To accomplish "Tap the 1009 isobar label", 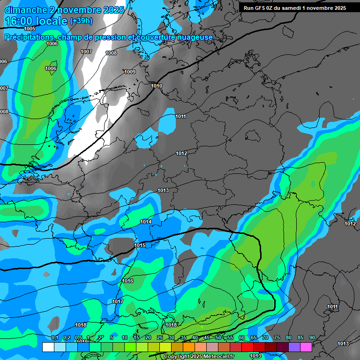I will pyautogui.click(x=130, y=72).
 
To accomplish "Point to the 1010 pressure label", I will pyautogui.click(x=157, y=86).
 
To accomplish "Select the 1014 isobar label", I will pyautogui.click(x=146, y=222).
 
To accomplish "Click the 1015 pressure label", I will pyautogui.click(x=140, y=245).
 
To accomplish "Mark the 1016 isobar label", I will pyautogui.click(x=127, y=281).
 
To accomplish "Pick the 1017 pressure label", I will pyautogui.click(x=118, y=301).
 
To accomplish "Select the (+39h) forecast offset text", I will pyautogui.click(x=81, y=21).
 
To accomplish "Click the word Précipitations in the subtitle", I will pyautogui.click(x=29, y=37).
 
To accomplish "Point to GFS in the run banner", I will pyautogui.click(x=262, y=8).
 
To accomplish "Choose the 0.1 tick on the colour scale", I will pyautogui.click(x=54, y=338).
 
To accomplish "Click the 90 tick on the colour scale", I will pyautogui.click(x=312, y=338).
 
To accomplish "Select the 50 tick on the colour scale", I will pyautogui.click(x=218, y=338).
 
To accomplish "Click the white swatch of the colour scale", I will pyautogui.click(x=48, y=347).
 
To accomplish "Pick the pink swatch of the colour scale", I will pyautogui.click(x=306, y=347).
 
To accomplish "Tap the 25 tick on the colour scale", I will pyautogui.click(x=159, y=338).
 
